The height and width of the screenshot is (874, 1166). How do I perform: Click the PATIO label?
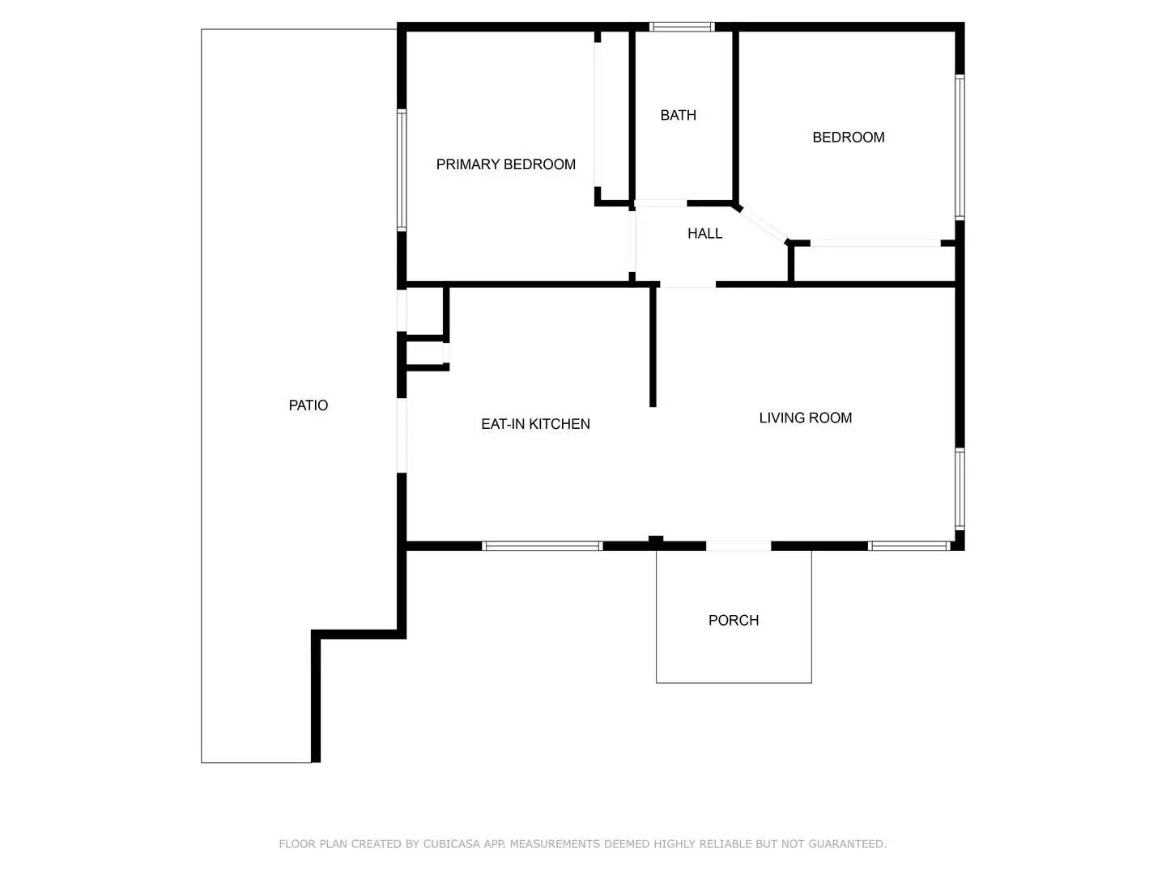point(309,405)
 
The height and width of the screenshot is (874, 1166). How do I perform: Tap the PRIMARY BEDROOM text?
point(506,164)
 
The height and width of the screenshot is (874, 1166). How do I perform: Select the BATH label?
point(678,115)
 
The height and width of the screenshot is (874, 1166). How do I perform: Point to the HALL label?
point(704,233)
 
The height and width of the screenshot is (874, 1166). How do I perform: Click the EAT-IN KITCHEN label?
point(535,424)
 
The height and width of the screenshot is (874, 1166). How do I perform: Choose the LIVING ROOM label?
point(805,418)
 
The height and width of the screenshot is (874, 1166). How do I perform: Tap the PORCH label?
point(734,620)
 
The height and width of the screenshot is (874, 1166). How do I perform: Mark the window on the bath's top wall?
point(683,27)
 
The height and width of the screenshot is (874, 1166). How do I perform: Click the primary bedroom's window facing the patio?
point(401,170)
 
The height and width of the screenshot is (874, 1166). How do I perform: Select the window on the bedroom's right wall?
point(960,147)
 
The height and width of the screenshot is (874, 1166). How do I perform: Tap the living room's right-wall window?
point(960,489)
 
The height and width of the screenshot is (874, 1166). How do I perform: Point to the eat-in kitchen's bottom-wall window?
point(543,546)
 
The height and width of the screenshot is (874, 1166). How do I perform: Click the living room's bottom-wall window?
point(909,546)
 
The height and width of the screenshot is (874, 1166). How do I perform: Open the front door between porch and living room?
point(738,546)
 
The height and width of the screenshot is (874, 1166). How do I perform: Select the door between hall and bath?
point(661,203)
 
